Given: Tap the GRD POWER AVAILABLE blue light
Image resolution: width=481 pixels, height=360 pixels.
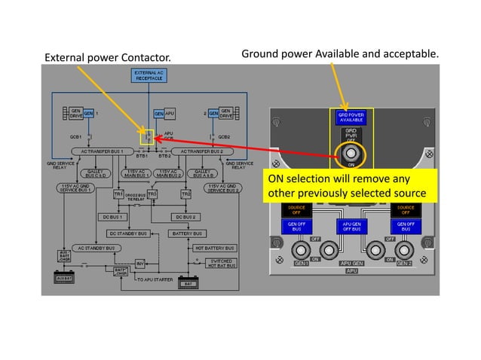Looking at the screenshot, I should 349,118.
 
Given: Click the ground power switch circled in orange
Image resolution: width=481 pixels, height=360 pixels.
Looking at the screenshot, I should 350,155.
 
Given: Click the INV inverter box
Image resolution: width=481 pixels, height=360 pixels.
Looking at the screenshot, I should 139,264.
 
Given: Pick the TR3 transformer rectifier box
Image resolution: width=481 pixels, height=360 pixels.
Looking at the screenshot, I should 152,194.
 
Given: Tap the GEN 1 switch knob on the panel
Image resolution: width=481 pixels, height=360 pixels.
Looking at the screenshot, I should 302,250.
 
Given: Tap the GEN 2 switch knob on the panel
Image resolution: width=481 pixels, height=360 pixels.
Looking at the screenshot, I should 403,250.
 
